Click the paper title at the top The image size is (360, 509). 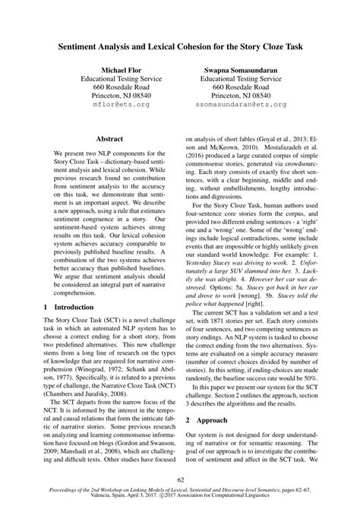point(180,46)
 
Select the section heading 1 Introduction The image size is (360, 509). point(69,327)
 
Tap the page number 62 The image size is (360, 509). point(180,479)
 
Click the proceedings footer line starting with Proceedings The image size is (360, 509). point(180,492)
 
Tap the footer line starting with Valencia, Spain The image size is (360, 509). point(180,500)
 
